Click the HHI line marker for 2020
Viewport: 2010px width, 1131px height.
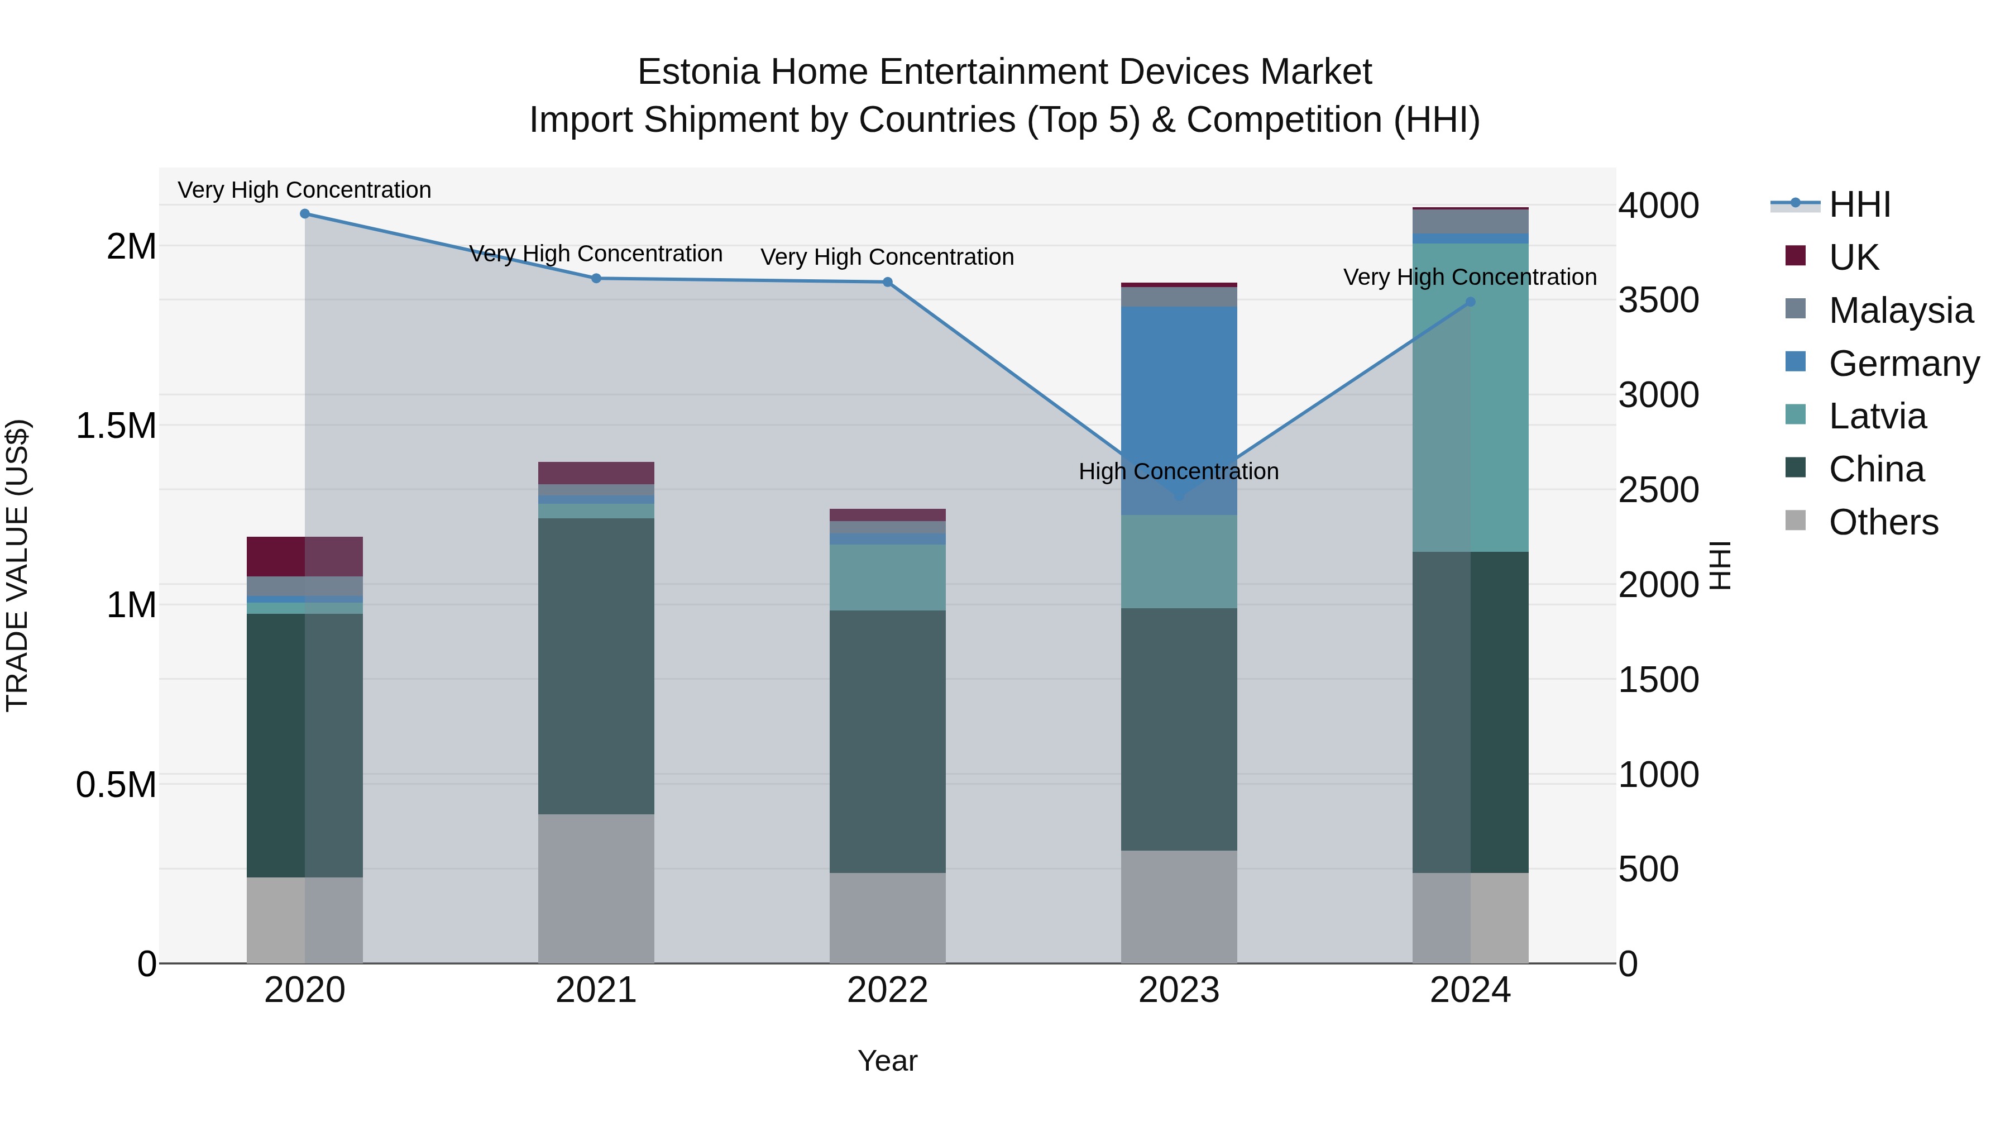pos(305,214)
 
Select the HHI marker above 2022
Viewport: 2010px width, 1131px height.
pos(887,283)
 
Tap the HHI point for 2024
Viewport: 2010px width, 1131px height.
pos(1470,302)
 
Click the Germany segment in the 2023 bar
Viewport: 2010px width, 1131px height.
pos(1179,410)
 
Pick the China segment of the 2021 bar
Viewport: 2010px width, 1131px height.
pos(596,666)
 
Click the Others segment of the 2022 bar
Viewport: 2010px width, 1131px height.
pos(887,917)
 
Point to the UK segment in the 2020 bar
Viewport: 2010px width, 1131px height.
pos(305,556)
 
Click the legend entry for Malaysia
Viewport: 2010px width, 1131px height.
pos(1901,311)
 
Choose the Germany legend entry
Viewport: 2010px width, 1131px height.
pos(1904,364)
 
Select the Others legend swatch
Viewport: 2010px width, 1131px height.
pos(1796,521)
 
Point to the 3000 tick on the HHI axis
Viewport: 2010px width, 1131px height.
pos(1658,395)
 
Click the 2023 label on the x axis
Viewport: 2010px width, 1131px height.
pos(1179,990)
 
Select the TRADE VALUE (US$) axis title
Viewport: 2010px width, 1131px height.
pos(18,565)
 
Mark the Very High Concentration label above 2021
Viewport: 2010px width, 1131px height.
pos(596,254)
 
